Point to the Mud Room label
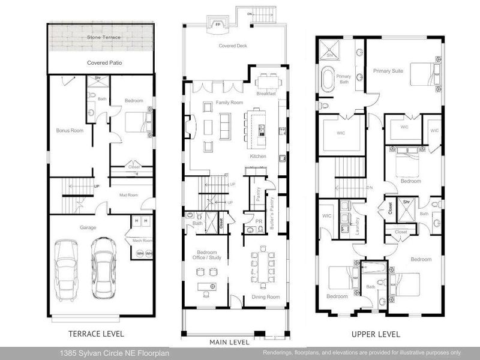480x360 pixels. point(128,195)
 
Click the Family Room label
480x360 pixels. point(228,103)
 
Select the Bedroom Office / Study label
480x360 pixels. point(207,256)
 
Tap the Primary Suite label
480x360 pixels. point(388,71)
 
